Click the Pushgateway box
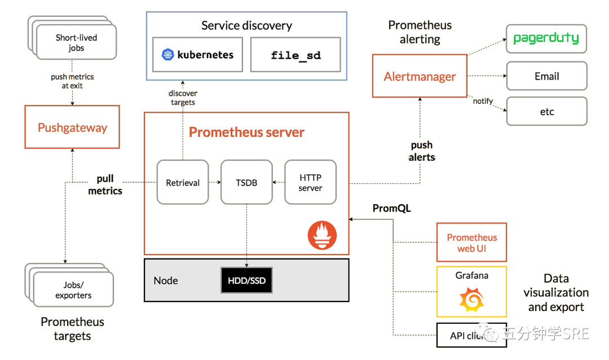pyautogui.click(x=72, y=127)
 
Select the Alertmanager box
pyautogui.click(x=420, y=76)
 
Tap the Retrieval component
pyautogui.click(x=183, y=182)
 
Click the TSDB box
pyautogui.click(x=246, y=182)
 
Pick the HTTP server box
pyautogui.click(x=310, y=182)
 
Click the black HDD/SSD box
pyautogui.click(x=246, y=280)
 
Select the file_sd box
pyautogui.click(x=295, y=55)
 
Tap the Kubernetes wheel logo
pyautogui.click(x=168, y=55)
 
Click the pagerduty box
pyautogui.click(x=546, y=39)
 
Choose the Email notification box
pyautogui.click(x=546, y=76)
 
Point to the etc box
pyautogui.click(x=546, y=112)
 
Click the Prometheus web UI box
pyautogui.click(x=471, y=243)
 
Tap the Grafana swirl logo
pyautogui.click(x=471, y=300)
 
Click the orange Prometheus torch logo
pyautogui.click(x=322, y=235)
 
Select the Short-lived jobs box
pyautogui.click(x=76, y=43)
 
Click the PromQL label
pyautogui.click(x=391, y=209)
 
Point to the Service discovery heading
pyautogui.click(x=246, y=25)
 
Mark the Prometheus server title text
pyautogui.click(x=246, y=133)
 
